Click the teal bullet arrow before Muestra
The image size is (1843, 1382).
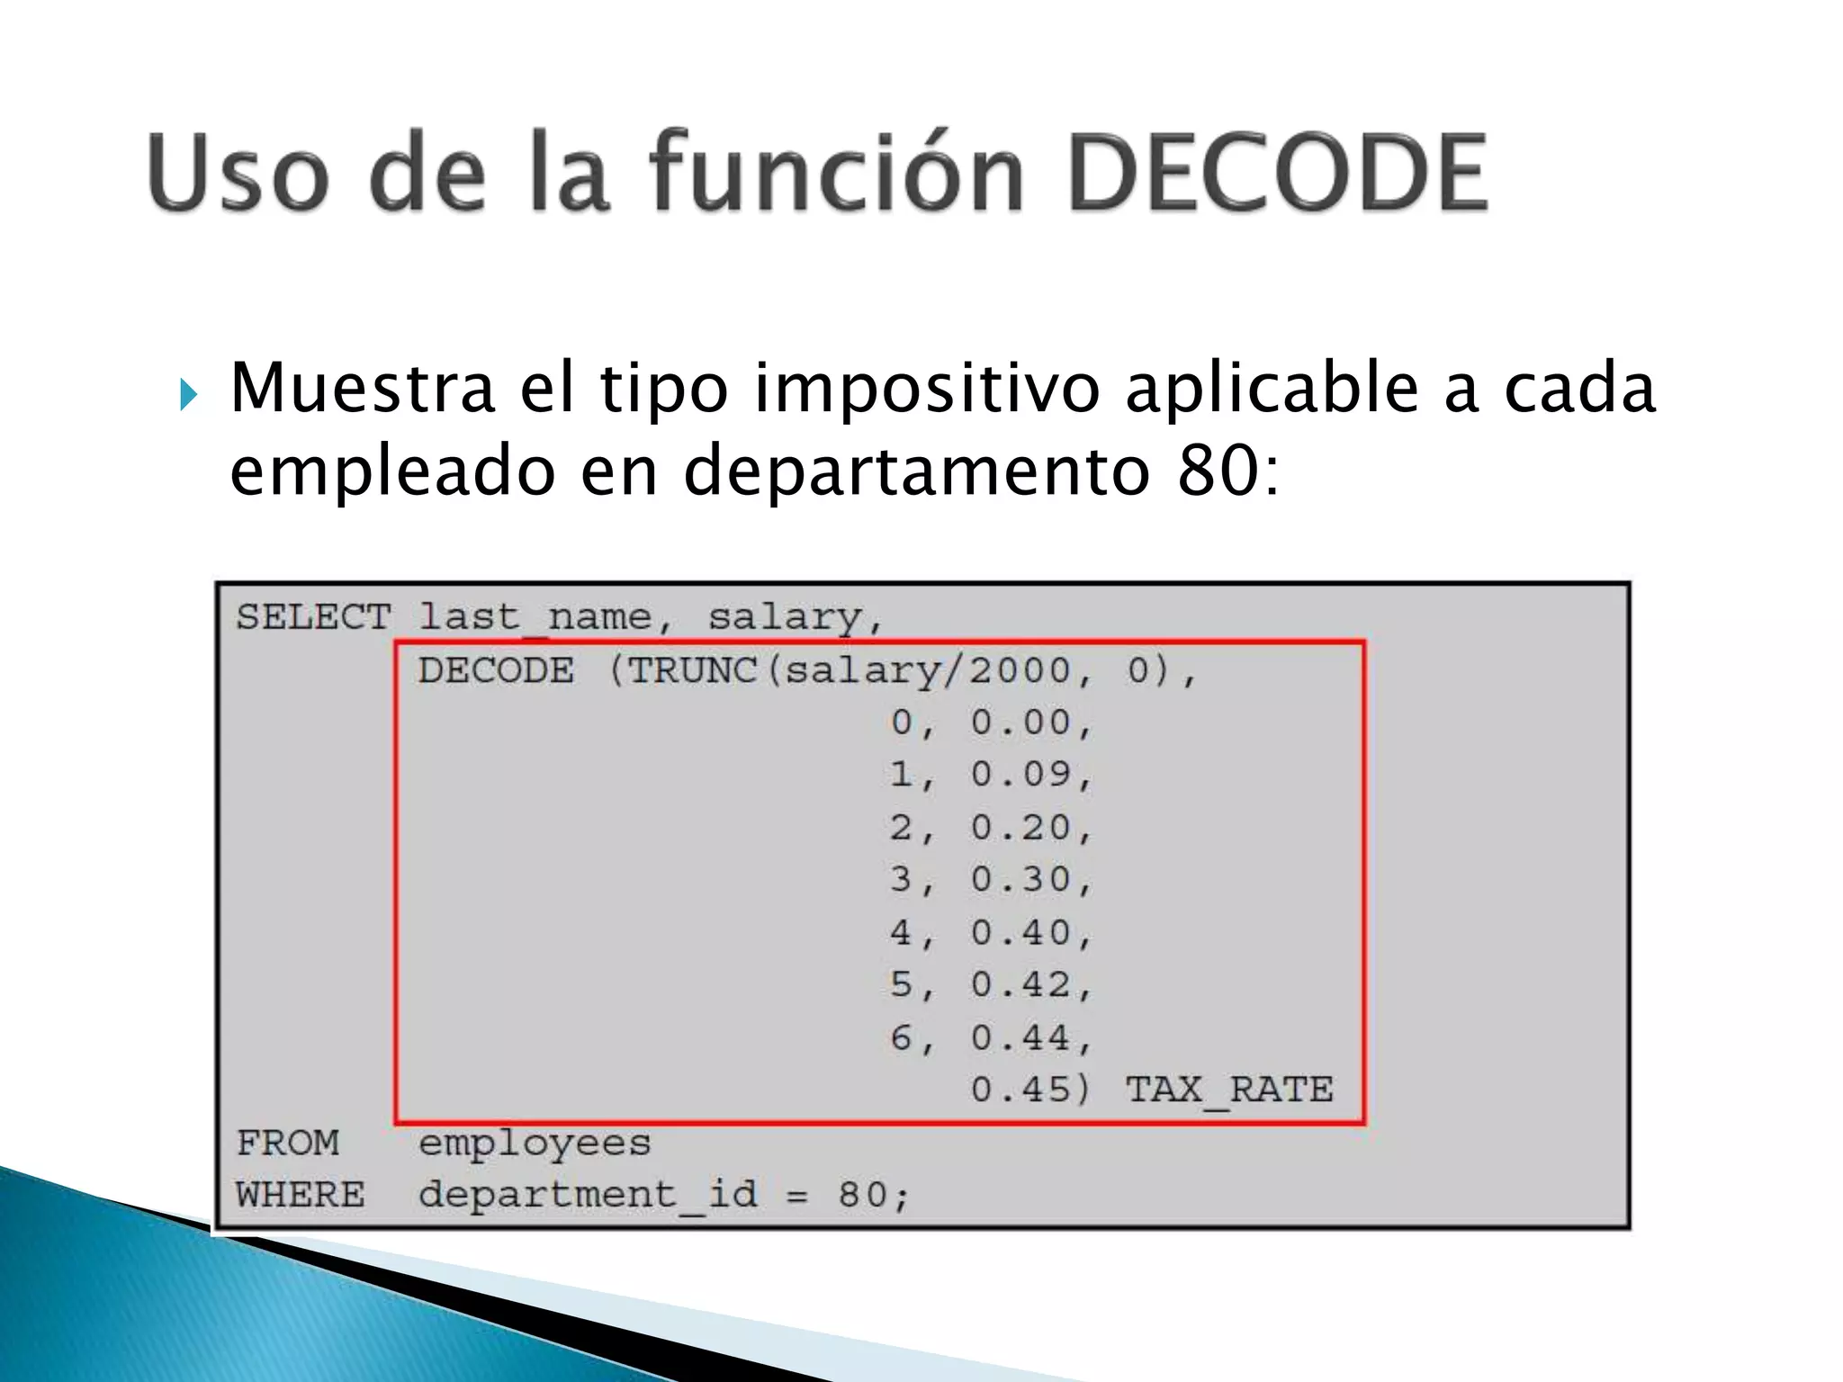(x=187, y=394)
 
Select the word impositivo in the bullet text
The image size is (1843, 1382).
(x=927, y=389)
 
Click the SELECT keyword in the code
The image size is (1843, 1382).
(x=313, y=617)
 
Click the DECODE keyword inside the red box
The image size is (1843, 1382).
(x=496, y=670)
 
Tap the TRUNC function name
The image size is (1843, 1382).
(x=691, y=670)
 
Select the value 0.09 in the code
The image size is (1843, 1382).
(x=1022, y=775)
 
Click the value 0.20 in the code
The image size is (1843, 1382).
(x=1022, y=828)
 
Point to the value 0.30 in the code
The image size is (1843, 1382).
(x=1022, y=880)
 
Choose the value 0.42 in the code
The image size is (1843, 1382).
(x=1022, y=985)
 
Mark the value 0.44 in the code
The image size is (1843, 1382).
(x=1022, y=1038)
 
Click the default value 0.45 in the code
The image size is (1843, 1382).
(x=1022, y=1090)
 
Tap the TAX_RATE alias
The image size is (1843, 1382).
(x=1229, y=1090)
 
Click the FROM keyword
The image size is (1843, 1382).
(x=288, y=1143)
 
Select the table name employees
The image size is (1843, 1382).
(x=535, y=1144)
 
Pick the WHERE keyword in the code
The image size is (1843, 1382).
(x=301, y=1195)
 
